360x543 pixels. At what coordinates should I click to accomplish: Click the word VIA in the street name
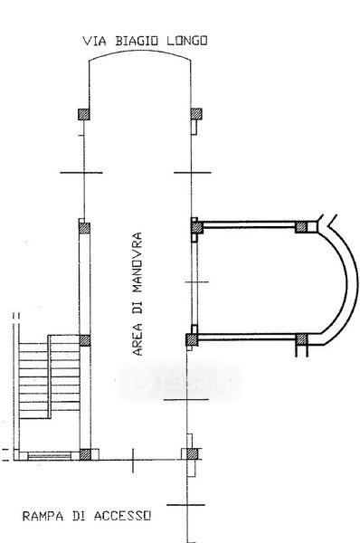coord(94,41)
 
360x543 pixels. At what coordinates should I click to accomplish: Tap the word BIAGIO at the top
coord(137,41)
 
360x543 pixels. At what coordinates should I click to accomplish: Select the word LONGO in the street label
coord(187,41)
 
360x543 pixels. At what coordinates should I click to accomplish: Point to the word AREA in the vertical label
coord(137,339)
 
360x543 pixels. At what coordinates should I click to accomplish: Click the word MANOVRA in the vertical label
coord(137,262)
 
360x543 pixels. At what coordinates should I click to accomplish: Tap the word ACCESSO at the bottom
coord(122,516)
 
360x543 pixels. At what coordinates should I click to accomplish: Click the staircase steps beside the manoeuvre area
coord(49,376)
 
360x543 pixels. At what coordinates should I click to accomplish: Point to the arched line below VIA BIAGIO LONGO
coord(139,52)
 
